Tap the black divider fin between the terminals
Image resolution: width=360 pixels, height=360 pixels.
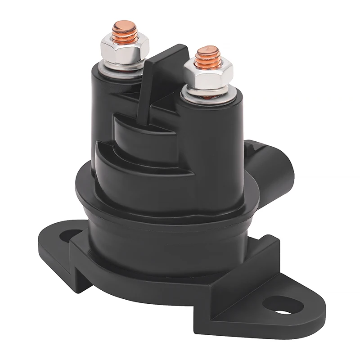(x=148, y=90)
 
